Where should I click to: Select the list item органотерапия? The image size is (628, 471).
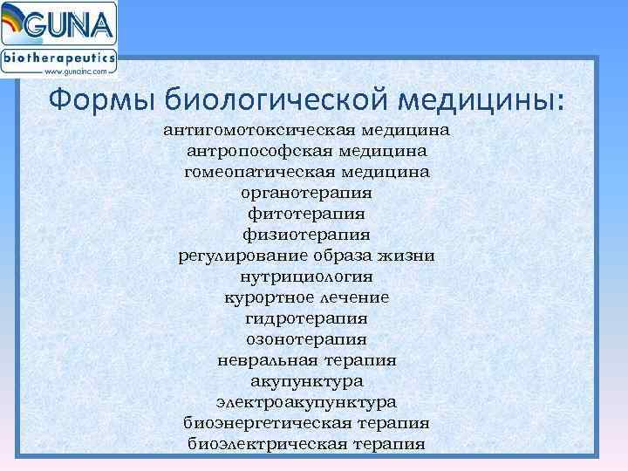click(306, 193)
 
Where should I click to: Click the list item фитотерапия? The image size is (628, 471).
click(306, 214)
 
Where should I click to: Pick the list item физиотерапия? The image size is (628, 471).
click(306, 235)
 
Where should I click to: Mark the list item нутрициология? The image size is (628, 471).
click(306, 276)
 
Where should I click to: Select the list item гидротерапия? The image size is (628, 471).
click(306, 318)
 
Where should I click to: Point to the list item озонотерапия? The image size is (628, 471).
click(306, 339)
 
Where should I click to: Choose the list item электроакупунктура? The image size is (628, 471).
click(306, 402)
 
